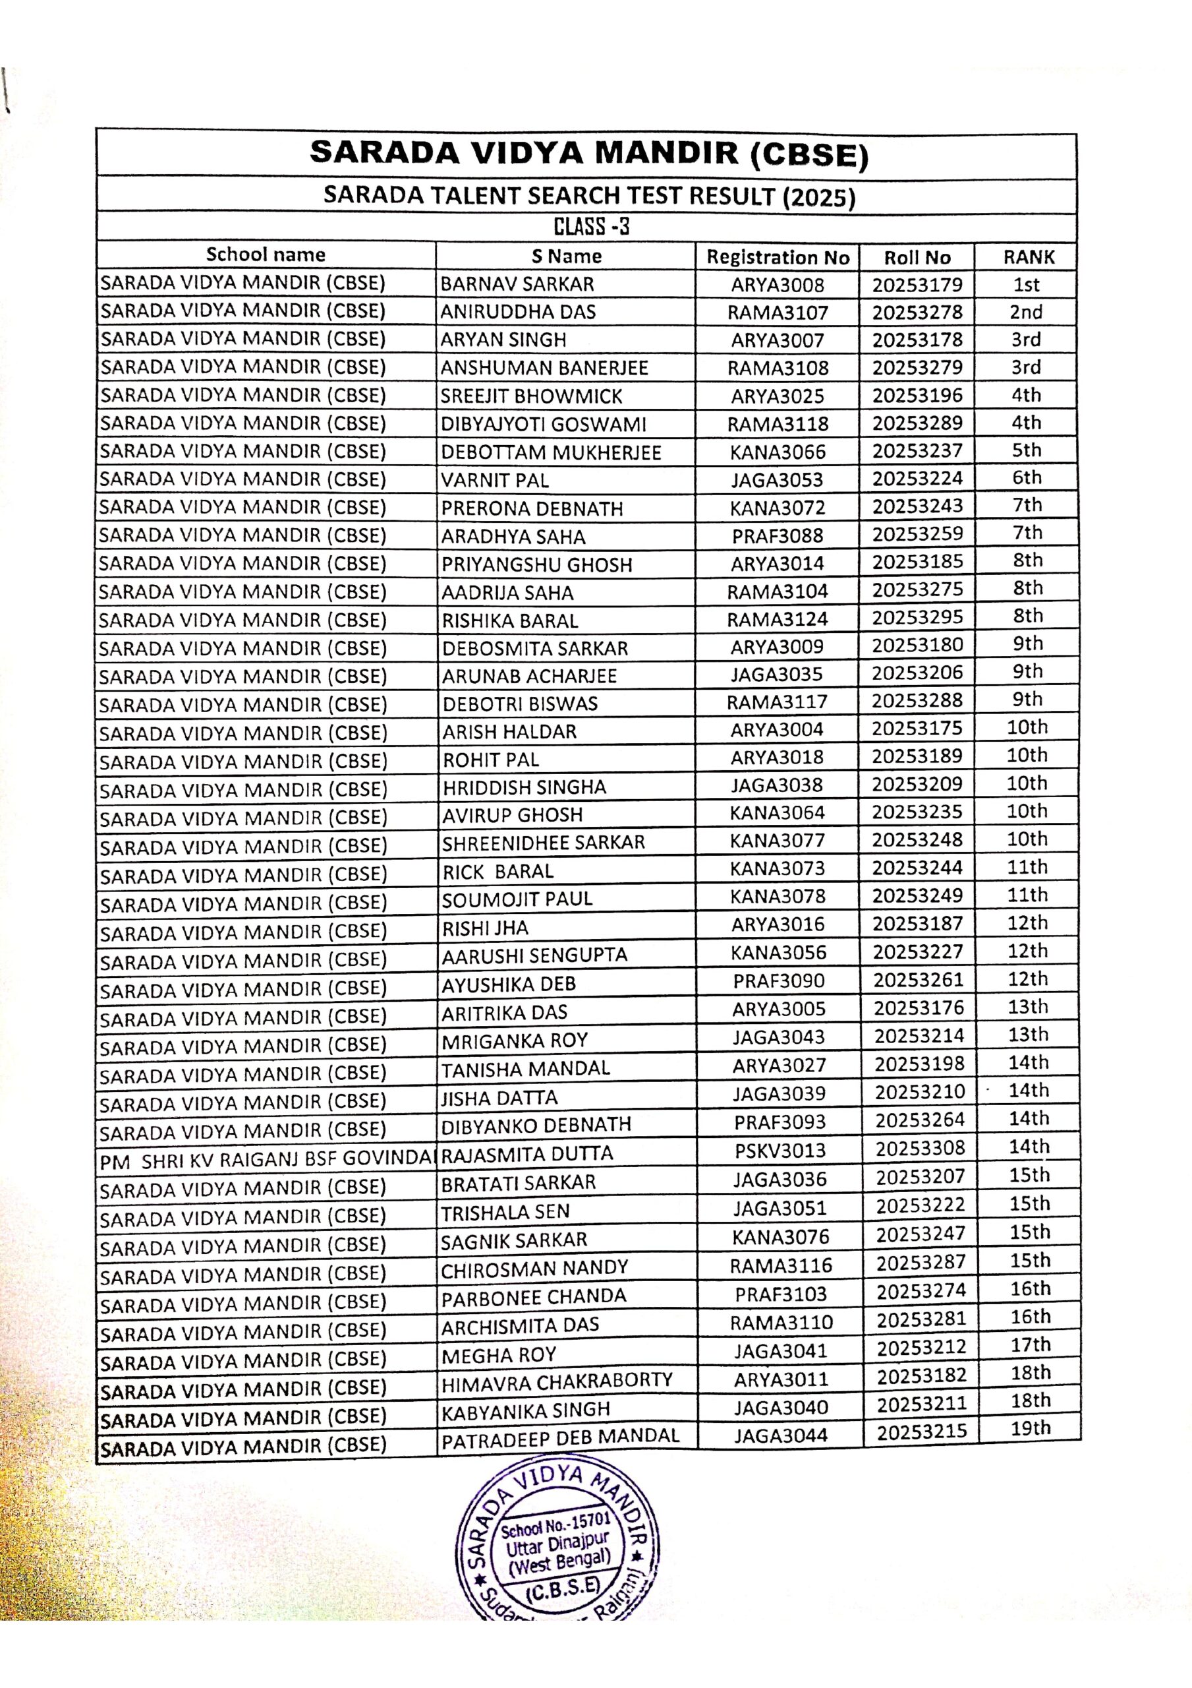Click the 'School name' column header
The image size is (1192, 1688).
coord(266,255)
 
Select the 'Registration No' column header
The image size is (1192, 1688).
coord(778,257)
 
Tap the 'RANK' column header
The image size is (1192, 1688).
coord(1028,257)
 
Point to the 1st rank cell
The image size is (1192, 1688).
coord(1026,284)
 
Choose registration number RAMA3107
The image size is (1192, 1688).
coord(778,313)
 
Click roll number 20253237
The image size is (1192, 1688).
coord(917,450)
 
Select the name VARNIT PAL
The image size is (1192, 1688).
coord(495,480)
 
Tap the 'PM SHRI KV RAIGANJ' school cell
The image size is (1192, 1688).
coord(267,1161)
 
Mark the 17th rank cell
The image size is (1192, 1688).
coord(1031,1344)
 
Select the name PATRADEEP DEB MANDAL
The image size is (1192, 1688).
coord(560,1437)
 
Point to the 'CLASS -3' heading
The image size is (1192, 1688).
coord(591,226)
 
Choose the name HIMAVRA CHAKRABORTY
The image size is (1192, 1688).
coord(556,1381)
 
